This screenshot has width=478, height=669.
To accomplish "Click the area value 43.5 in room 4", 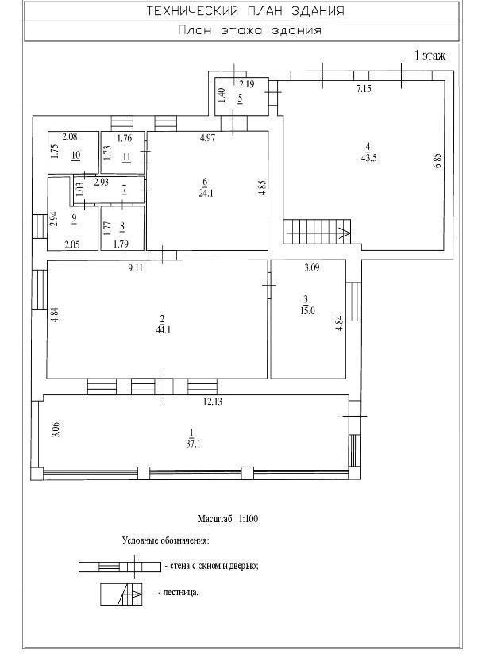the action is pyautogui.click(x=368, y=158).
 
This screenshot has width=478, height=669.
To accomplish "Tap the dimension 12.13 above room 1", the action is pyautogui.click(x=213, y=402).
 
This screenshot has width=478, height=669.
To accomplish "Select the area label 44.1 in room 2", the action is pyautogui.click(x=163, y=330).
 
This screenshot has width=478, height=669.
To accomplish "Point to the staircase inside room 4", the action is pyautogui.click(x=317, y=232).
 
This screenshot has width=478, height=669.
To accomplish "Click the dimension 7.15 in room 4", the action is pyautogui.click(x=364, y=89).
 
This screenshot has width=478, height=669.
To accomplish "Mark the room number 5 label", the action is pyautogui.click(x=241, y=98).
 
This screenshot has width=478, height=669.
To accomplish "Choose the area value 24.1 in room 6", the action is pyautogui.click(x=206, y=193).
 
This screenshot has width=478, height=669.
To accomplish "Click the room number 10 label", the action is pyautogui.click(x=76, y=155).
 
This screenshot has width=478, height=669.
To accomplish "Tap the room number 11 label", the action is pyautogui.click(x=126, y=157).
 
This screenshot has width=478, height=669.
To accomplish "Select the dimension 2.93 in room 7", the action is pyautogui.click(x=101, y=183).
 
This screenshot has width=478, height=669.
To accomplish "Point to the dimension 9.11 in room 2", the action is pyautogui.click(x=135, y=268).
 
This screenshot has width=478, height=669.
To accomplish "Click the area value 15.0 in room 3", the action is pyautogui.click(x=307, y=310).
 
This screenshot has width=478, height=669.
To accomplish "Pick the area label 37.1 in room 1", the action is pyautogui.click(x=193, y=444).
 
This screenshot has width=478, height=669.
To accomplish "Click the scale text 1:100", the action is pyautogui.click(x=249, y=519).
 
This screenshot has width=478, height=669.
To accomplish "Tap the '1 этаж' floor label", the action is pyautogui.click(x=430, y=56).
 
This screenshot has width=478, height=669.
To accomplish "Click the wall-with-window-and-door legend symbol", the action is pyautogui.click(x=120, y=567).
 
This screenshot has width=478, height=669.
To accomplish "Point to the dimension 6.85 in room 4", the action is pyautogui.click(x=438, y=161).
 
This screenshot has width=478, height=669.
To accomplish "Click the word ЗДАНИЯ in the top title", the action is pyautogui.click(x=318, y=11).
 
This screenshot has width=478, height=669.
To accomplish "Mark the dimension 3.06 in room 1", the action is pyautogui.click(x=55, y=429).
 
